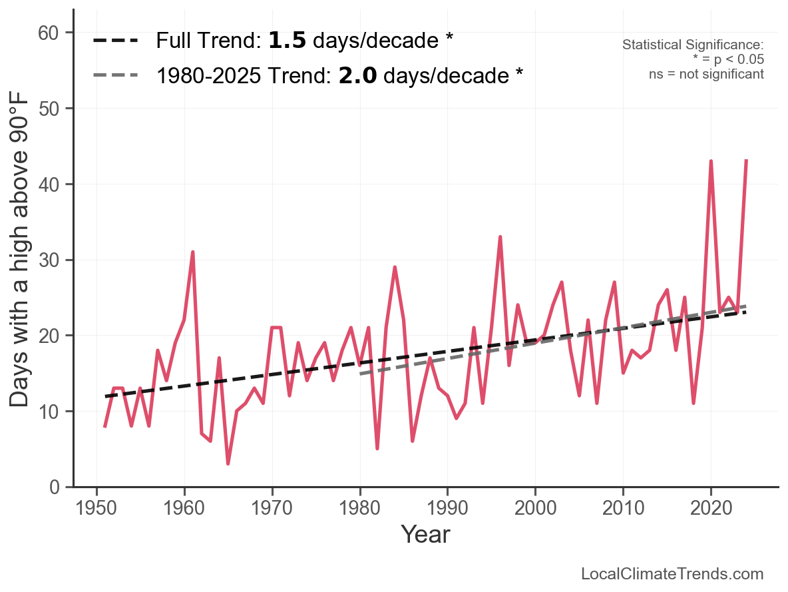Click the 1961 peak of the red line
tap(192, 252)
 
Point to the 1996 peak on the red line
tap(500, 237)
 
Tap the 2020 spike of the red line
tap(711, 162)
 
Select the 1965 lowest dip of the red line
tap(228, 463)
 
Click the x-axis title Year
tap(425, 535)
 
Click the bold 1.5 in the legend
tap(287, 41)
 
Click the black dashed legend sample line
tap(116, 41)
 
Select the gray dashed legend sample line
tap(116, 75)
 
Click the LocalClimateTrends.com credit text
tap(672, 574)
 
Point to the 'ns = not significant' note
tap(706, 74)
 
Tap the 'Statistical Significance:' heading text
tap(693, 45)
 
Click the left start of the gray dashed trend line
tap(361, 374)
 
